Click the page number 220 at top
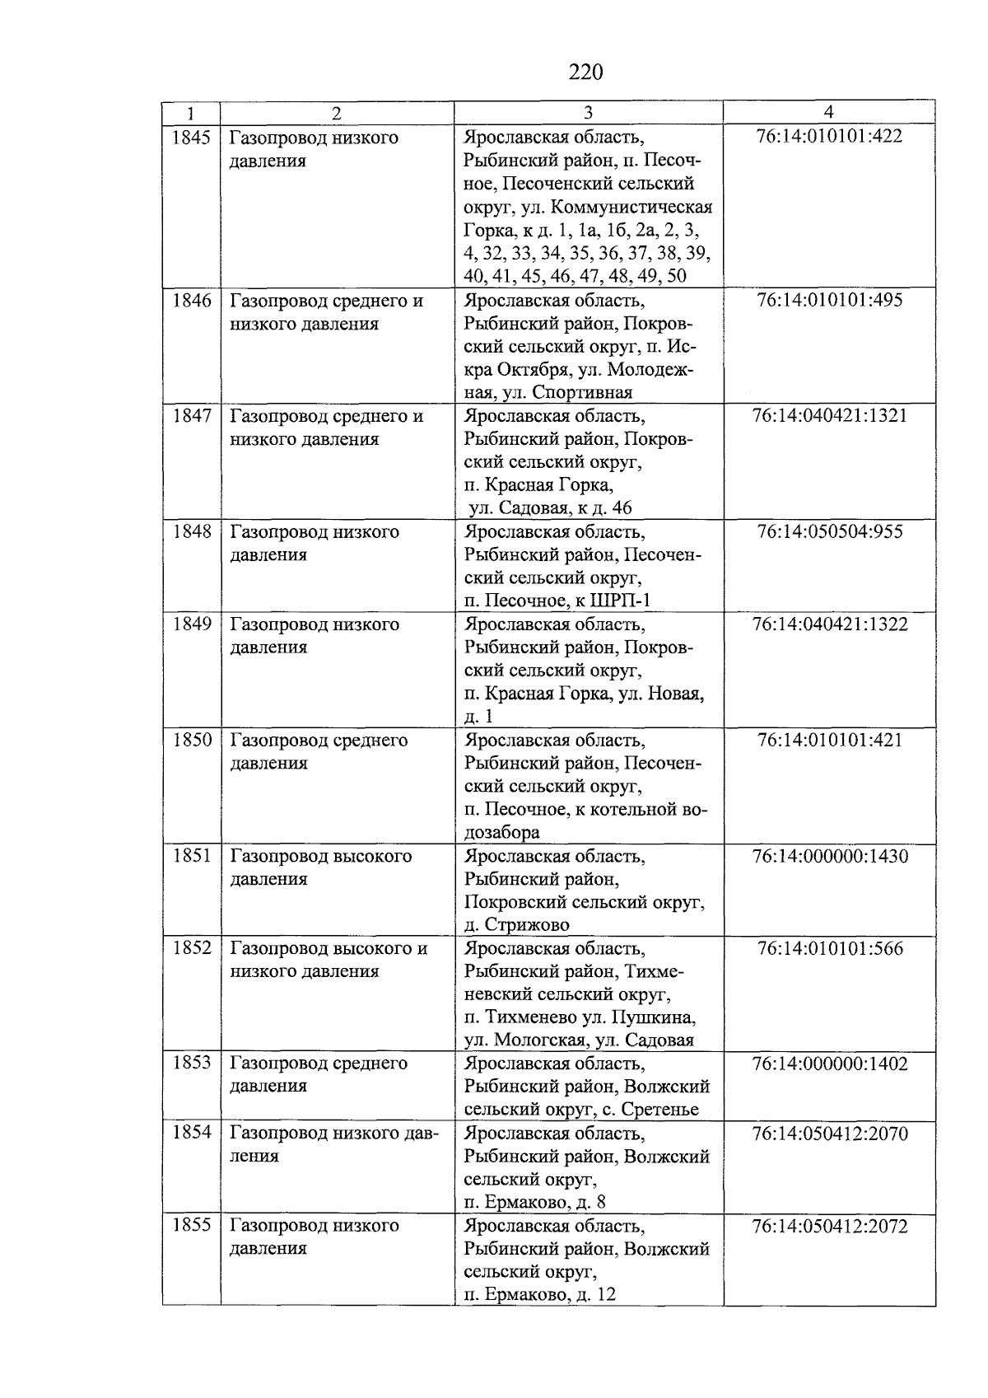(x=585, y=72)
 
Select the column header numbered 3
(x=588, y=113)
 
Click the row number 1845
(x=191, y=138)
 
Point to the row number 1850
(x=191, y=740)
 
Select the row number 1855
(x=191, y=1225)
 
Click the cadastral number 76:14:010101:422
(x=829, y=136)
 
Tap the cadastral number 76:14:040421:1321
(x=829, y=415)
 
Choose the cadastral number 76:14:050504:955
(x=829, y=531)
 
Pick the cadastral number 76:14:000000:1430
(x=829, y=856)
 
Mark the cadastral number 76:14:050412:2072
(x=829, y=1226)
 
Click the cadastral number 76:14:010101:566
(x=829, y=948)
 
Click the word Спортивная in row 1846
(x=581, y=392)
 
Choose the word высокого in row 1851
(x=371, y=856)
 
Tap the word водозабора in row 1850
(x=502, y=832)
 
